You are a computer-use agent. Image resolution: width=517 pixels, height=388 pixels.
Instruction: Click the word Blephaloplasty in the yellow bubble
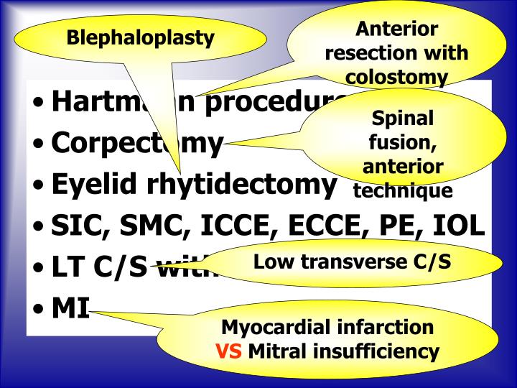[141, 37]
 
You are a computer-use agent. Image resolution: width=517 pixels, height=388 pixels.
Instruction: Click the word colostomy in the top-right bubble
[396, 77]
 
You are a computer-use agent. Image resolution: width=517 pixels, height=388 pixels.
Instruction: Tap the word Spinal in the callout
[403, 118]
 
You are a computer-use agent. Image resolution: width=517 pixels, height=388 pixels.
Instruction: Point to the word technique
[403, 190]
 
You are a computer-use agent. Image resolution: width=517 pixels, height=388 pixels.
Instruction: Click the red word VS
[231, 352]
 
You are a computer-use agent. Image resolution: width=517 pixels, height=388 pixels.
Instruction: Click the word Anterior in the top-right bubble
[396, 29]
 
